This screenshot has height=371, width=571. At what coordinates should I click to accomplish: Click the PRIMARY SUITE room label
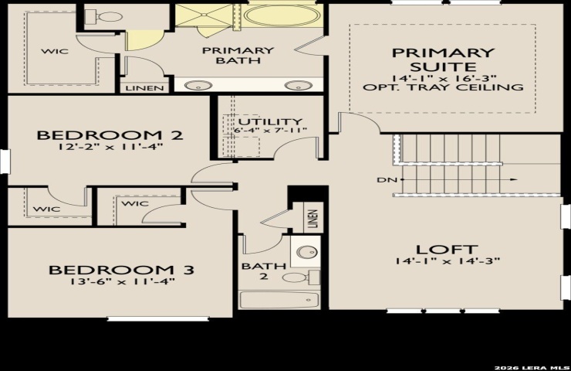443,60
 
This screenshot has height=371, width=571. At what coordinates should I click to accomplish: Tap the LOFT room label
447,250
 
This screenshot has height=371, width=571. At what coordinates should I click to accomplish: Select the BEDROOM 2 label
110,135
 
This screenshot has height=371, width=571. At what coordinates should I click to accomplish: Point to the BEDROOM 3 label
122,270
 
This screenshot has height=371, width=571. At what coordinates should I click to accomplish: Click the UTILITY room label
270,121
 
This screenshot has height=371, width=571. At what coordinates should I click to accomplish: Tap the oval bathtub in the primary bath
282,16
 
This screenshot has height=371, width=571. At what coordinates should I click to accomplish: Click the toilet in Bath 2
301,277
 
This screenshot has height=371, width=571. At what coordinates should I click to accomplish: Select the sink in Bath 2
306,252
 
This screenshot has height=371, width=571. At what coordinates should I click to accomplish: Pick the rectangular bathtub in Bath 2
279,300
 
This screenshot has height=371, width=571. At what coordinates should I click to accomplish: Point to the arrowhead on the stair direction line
513,179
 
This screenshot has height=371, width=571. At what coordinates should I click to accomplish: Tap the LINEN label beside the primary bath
144,88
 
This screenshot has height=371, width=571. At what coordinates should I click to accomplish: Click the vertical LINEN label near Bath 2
313,219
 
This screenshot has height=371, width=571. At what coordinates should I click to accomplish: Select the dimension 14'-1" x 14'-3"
448,261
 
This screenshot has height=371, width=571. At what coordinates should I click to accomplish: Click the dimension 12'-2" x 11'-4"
110,147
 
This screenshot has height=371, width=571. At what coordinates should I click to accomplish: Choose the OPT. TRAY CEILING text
443,87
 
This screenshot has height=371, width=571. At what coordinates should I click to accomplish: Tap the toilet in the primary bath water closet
103,17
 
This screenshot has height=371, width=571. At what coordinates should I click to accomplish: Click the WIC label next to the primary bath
55,51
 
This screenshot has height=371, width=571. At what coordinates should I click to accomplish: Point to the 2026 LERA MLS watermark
532,367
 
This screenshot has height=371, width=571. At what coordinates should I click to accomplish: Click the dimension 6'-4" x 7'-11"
270,130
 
